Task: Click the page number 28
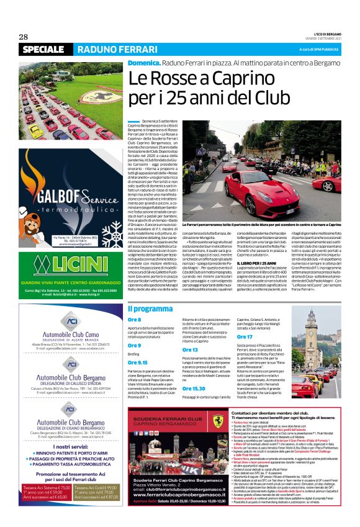pos(24,36)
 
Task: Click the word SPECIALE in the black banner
pos(43,49)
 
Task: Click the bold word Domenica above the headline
pos(144,63)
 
